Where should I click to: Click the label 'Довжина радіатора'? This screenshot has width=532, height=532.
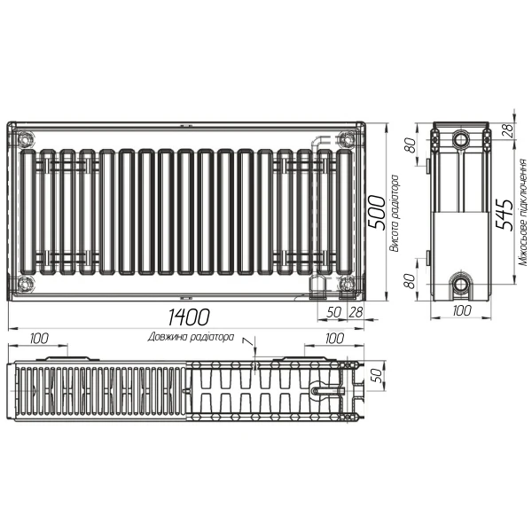192,338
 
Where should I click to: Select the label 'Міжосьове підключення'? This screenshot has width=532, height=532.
523,213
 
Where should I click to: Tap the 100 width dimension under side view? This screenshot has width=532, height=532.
460,311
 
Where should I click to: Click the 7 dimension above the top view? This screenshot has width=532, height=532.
247,341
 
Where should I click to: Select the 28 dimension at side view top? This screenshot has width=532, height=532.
508,130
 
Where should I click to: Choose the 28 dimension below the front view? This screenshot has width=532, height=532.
356,312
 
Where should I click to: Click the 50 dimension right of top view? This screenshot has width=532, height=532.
376,375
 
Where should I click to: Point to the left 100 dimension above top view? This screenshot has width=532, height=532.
39,338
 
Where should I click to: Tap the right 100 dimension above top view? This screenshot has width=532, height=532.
333,338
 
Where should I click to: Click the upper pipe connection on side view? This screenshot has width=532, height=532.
462,140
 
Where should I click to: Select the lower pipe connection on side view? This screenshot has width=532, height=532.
462,285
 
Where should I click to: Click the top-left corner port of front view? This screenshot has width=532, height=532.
23,139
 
